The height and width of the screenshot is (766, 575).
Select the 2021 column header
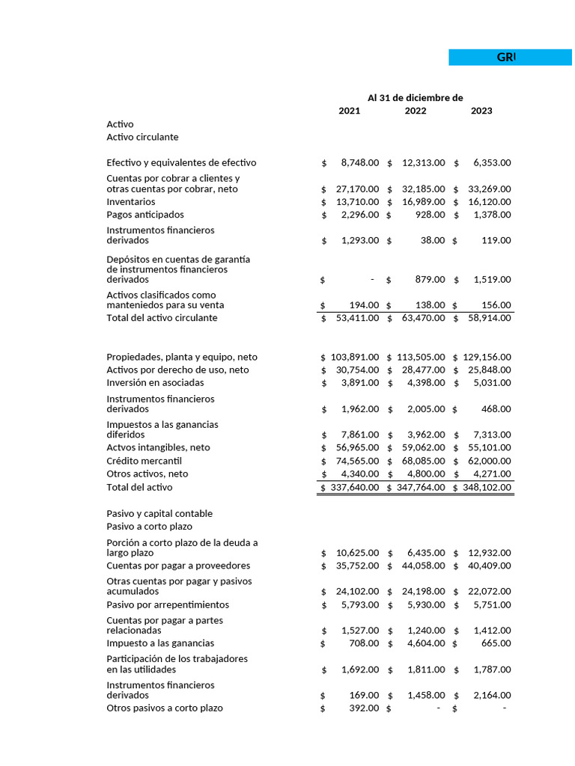pyautogui.click(x=349, y=111)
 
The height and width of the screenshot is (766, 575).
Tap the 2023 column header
pyautogui.click(x=481, y=111)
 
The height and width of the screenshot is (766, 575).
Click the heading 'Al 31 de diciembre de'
pyautogui.click(x=415, y=97)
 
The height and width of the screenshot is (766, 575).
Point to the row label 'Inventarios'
pyautogui.click(x=131, y=202)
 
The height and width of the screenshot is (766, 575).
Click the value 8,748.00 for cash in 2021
pyautogui.click(x=359, y=163)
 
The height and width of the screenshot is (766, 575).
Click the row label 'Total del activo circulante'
pyautogui.click(x=162, y=318)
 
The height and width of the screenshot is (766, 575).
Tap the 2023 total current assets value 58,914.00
pyautogui.click(x=488, y=318)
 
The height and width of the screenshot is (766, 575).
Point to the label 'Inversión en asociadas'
pyautogui.click(x=155, y=383)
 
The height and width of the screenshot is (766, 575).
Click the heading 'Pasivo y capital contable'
pyautogui.click(x=159, y=514)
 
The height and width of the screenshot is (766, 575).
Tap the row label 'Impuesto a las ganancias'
pyautogui.click(x=160, y=643)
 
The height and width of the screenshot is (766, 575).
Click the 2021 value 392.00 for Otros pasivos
pyautogui.click(x=364, y=708)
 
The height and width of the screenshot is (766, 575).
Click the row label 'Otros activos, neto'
pyautogui.click(x=147, y=474)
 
